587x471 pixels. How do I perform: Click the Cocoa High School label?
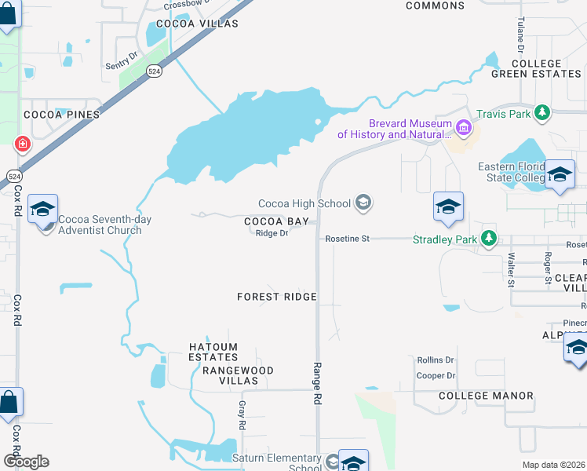[x=304, y=204]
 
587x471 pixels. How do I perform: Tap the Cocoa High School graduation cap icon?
[x=363, y=204]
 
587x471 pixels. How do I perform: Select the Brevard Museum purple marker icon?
[x=464, y=126]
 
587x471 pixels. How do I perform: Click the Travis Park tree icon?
[x=541, y=114]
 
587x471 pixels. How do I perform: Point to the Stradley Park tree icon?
[x=489, y=238]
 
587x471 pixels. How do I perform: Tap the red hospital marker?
[x=22, y=144]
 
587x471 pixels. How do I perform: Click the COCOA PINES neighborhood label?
[x=62, y=115]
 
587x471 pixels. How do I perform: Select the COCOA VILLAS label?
[x=197, y=24]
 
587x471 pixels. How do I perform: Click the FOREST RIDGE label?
[x=277, y=297]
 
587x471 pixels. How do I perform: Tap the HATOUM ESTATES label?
[x=213, y=352]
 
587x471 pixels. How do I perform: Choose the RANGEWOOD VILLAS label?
[x=238, y=375]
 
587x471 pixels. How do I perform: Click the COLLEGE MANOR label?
[x=486, y=396]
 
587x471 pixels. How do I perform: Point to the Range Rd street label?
[x=318, y=383]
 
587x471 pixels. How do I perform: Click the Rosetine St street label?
[x=347, y=238]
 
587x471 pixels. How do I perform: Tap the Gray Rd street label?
[x=242, y=415]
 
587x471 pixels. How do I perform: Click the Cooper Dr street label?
[x=436, y=376]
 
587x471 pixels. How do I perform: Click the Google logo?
[x=25, y=462]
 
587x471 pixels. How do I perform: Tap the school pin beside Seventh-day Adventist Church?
[x=43, y=210]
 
